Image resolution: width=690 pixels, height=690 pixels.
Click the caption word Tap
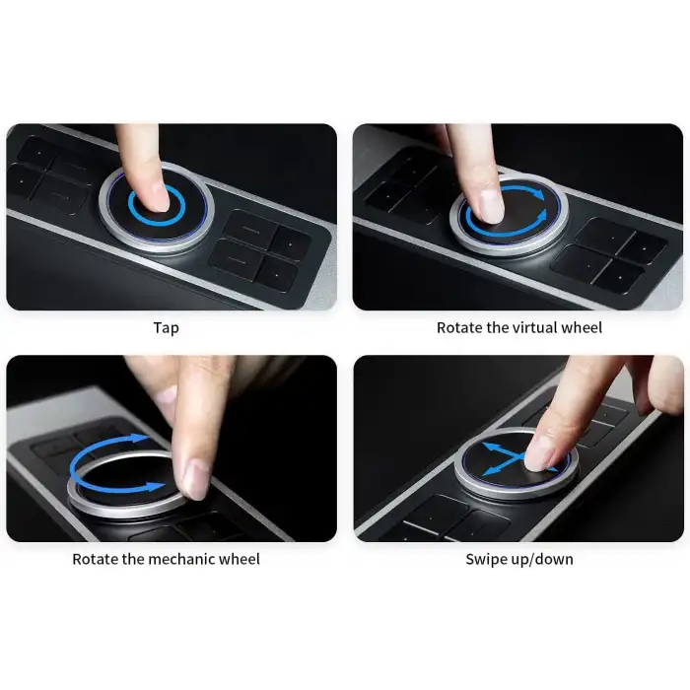tap(166, 328)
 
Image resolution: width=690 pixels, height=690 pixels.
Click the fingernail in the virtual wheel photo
tap(492, 206)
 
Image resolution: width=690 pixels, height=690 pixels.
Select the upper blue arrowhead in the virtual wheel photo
tap(538, 193)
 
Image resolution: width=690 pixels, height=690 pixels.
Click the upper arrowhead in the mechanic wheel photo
tap(141, 438)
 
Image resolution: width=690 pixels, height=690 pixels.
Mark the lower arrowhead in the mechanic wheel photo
tap(156, 487)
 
